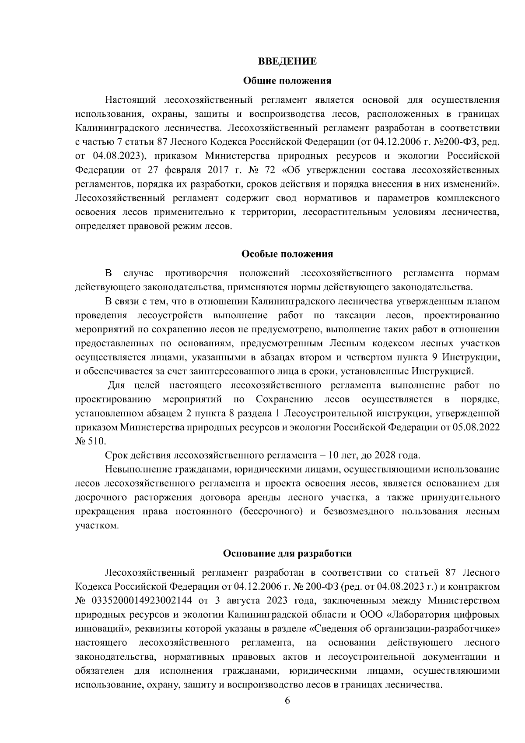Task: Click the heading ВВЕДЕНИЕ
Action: pos(287,61)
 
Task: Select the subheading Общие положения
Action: pos(287,81)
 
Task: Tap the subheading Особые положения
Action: pos(287,254)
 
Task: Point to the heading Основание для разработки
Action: pos(287,553)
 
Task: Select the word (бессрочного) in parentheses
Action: pos(270,511)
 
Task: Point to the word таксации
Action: pos(353,316)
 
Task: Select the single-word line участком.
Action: pos(91,525)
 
